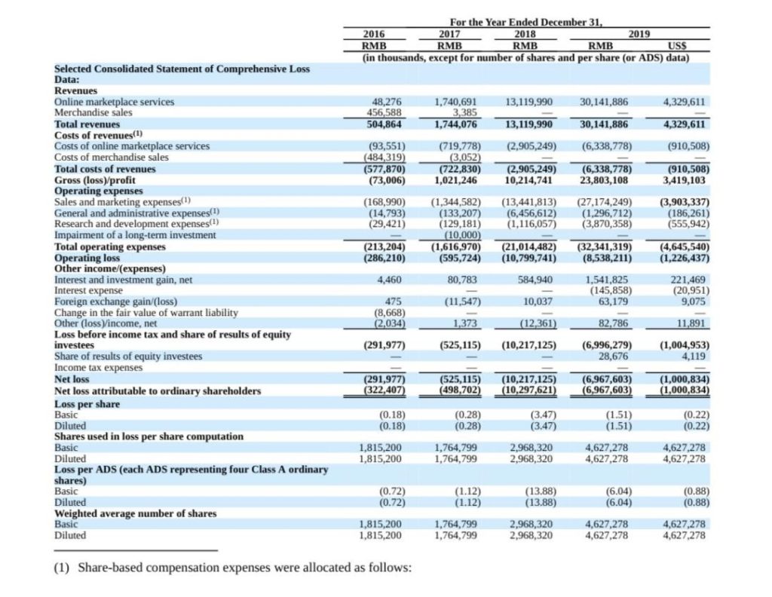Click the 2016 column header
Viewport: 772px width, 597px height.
point(374,34)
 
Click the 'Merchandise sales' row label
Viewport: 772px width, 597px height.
point(93,112)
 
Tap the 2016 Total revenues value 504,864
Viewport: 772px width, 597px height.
point(384,124)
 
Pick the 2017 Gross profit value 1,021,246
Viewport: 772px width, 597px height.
point(455,180)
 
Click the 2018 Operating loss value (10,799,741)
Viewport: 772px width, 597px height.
point(529,258)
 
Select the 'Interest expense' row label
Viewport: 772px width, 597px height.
point(88,290)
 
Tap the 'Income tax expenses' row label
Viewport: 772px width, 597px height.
point(98,367)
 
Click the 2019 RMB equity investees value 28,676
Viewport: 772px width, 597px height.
point(613,356)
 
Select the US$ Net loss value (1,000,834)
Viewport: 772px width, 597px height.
point(685,379)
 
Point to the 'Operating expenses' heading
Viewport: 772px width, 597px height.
point(99,191)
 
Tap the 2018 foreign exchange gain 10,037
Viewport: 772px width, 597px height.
point(538,302)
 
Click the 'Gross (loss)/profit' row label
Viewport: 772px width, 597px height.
point(94,180)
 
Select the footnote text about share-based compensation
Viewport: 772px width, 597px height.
point(232,568)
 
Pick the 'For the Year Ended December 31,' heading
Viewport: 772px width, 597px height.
point(526,22)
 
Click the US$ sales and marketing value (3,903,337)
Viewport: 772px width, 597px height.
point(685,202)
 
